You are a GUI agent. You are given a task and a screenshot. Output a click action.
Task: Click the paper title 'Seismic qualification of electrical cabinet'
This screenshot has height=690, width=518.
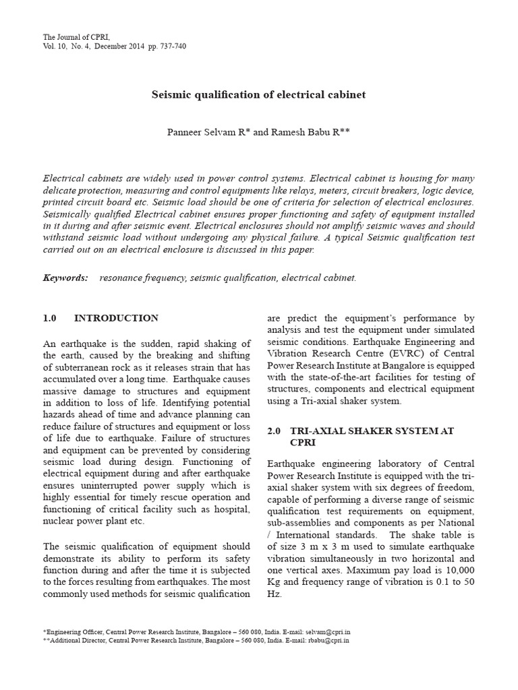coord(258,95)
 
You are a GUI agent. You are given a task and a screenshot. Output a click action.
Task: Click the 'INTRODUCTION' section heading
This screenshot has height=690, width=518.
coord(116,318)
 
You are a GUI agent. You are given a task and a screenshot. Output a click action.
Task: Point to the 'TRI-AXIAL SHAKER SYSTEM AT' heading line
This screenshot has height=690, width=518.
coord(372,431)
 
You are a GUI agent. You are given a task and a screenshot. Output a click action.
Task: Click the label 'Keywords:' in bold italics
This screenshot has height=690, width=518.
coord(65,278)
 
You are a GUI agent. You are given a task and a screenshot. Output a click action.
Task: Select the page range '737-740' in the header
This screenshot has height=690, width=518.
coord(172,46)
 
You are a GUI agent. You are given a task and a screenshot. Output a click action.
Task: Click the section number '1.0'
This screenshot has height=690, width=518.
coord(51,318)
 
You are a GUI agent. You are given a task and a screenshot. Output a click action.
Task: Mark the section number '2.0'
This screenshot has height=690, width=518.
coord(274,431)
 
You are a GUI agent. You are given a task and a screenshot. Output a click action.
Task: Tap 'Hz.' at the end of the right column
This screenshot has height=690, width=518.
coord(274,596)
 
